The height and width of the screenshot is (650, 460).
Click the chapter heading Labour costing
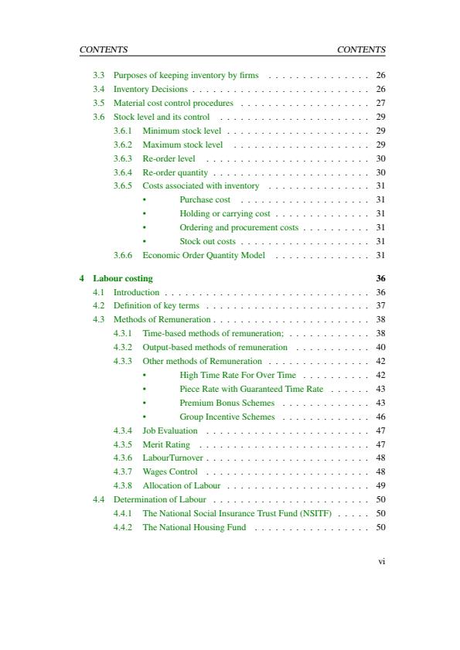click(123, 278)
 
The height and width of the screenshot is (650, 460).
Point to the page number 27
click(380, 103)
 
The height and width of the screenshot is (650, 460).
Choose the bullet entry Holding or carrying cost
click(225, 213)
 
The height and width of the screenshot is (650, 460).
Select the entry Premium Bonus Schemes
click(227, 403)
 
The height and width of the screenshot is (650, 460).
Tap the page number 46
click(380, 417)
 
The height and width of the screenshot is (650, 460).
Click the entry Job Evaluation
click(170, 430)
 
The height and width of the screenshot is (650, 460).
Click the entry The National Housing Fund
click(194, 527)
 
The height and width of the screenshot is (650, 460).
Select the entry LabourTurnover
click(172, 458)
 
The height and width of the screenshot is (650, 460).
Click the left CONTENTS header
click(104, 49)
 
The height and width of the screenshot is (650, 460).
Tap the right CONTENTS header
click(361, 49)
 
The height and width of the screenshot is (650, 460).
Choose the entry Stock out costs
click(207, 241)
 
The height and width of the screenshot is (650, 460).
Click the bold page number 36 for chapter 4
click(380, 278)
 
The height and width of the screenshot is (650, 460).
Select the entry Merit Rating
click(166, 444)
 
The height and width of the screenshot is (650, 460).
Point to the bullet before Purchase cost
click(145, 200)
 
